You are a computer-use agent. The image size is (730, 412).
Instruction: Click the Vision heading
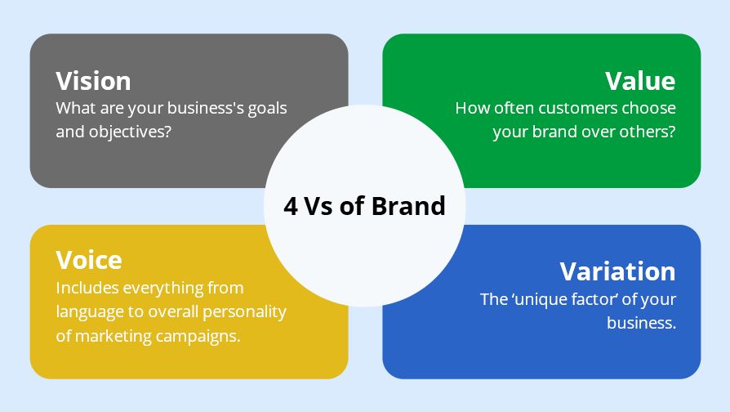point(93,81)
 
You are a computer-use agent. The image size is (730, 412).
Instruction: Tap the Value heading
point(640,81)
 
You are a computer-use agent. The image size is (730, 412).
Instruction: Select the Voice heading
point(89,260)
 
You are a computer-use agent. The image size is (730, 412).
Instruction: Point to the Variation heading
point(617,271)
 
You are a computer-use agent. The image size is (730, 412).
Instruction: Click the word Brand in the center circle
point(408,205)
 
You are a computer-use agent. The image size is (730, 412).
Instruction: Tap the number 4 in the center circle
point(291,206)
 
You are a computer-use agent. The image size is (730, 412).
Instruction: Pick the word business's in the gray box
point(205,108)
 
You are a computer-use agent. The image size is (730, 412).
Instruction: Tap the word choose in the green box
point(649,108)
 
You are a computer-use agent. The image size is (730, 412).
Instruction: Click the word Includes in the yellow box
point(87,288)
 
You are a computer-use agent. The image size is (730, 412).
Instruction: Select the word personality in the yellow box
point(244,312)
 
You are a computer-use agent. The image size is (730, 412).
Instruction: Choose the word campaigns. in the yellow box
point(198,337)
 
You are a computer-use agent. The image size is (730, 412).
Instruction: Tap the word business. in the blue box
point(641,323)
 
